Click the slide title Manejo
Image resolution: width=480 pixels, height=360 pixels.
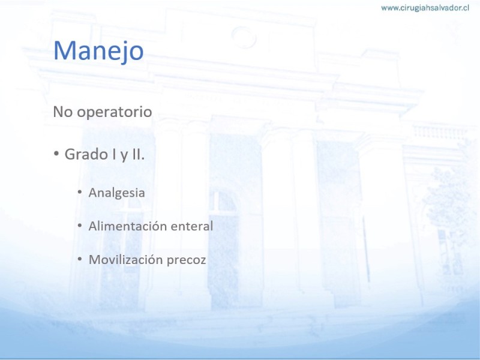[x=98, y=51]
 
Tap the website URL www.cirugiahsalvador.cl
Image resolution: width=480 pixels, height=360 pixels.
[x=425, y=8]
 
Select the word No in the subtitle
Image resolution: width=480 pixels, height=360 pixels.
[x=63, y=112]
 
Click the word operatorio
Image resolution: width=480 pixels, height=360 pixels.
[x=114, y=112]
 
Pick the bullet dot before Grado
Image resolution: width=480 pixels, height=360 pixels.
[x=56, y=153]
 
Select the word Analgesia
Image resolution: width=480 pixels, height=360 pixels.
[x=116, y=193]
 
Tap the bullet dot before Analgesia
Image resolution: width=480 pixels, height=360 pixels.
[x=80, y=192]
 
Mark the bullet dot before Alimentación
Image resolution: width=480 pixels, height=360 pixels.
[x=80, y=226]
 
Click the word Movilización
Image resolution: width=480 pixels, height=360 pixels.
[x=125, y=260]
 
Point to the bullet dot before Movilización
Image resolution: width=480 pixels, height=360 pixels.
[x=80, y=259]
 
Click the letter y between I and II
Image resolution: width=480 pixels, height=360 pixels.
[x=124, y=155]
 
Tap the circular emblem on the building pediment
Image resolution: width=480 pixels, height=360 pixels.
[x=244, y=37]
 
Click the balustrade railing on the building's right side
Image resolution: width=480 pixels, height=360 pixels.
[x=440, y=131]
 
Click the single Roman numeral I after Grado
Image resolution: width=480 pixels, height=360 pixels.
[x=114, y=154]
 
